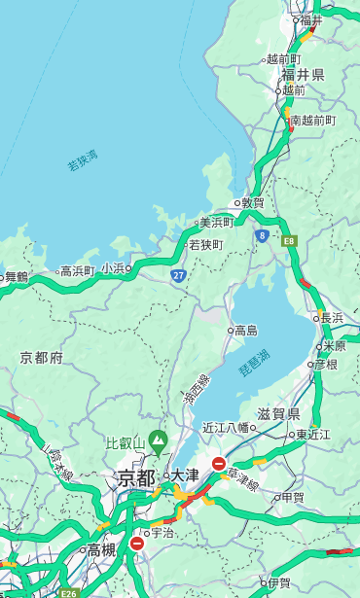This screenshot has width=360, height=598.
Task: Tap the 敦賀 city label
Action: pyautogui.click(x=252, y=203)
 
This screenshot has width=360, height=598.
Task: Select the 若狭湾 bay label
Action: pyautogui.click(x=82, y=160)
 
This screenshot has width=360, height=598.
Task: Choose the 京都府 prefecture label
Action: pyautogui.click(x=42, y=358)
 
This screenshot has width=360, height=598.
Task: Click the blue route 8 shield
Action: pyautogui.click(x=262, y=235)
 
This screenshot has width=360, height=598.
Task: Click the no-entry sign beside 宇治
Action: pyautogui.click(x=137, y=544)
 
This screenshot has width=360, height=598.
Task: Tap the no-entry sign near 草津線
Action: pyautogui.click(x=219, y=464)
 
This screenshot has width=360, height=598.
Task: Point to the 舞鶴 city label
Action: pyautogui.click(x=17, y=276)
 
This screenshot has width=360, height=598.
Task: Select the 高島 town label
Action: pyautogui.click(x=245, y=331)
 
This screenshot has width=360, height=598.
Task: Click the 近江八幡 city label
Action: pyautogui.click(x=226, y=427)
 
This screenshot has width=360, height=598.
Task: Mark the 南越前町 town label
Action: pyautogui.click(x=312, y=121)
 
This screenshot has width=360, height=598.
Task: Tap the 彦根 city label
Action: pyautogui.click(x=325, y=365)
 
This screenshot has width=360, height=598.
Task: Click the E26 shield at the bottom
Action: pyautogui.click(x=67, y=592)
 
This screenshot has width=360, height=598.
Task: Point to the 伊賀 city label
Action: pyautogui.click(x=279, y=583)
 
